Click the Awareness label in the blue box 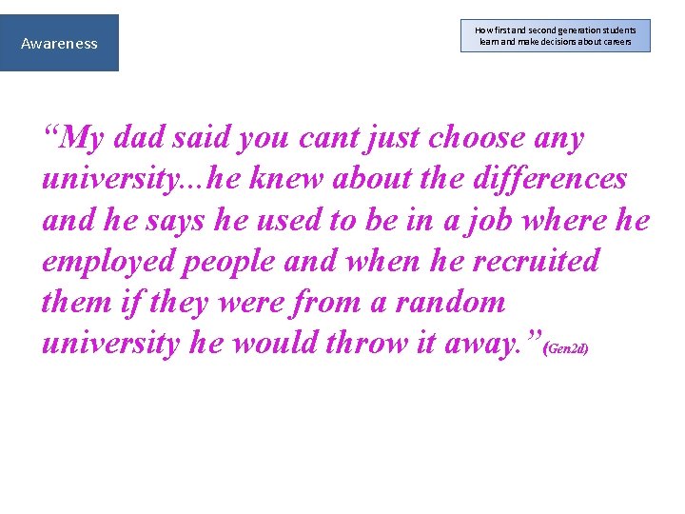coord(59,43)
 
